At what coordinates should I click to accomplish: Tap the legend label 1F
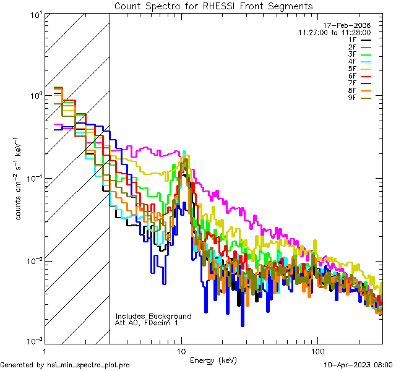click(353, 40)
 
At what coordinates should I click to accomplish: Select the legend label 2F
click(353, 47)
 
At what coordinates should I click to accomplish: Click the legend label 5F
click(353, 69)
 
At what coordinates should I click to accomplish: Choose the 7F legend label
click(353, 83)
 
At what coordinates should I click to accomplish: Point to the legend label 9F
click(353, 98)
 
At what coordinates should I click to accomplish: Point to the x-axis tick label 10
click(181, 351)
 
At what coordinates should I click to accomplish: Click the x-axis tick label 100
click(317, 351)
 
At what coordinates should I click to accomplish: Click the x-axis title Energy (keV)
click(213, 360)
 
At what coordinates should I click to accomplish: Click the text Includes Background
click(153, 316)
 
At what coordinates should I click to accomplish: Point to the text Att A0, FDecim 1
click(146, 323)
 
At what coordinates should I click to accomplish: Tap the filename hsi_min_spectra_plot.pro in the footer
click(88, 365)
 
